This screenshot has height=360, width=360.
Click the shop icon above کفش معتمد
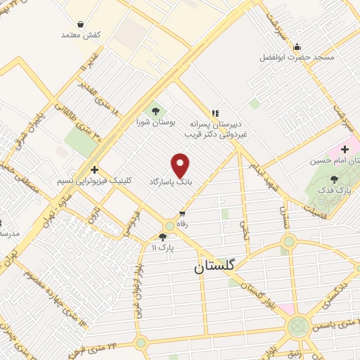(x=81, y=24)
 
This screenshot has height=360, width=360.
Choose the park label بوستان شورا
(x=155, y=122)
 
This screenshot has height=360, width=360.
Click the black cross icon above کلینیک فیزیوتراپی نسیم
(x=95, y=169)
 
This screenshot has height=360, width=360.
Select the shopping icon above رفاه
(x=183, y=213)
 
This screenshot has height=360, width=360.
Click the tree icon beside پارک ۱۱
(x=163, y=237)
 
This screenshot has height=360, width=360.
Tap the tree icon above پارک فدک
(x=334, y=180)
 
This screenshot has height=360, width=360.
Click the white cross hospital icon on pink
(x=345, y=150)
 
